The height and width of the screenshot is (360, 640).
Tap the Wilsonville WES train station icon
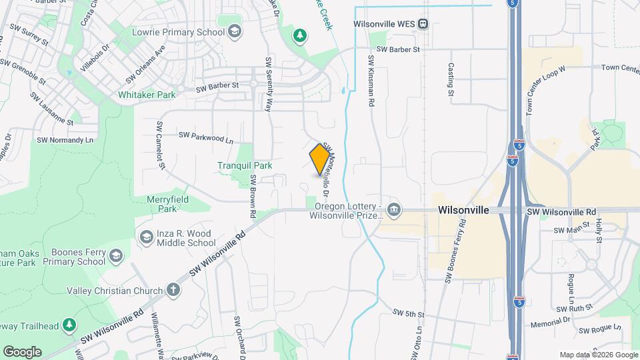tap(423, 24)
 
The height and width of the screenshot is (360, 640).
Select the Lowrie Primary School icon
tap(234, 31)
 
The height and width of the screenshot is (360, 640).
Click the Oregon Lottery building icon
tap(394, 211)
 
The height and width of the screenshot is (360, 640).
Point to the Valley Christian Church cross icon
tap(173, 290)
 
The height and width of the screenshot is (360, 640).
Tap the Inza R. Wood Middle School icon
tap(146, 237)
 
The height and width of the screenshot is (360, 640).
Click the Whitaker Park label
tap(147, 95)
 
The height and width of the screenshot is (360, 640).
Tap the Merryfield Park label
tap(169, 203)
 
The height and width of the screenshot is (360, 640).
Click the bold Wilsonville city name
tap(464, 210)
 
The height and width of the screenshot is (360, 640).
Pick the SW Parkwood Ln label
tap(206, 138)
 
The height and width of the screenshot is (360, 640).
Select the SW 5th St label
tap(409, 313)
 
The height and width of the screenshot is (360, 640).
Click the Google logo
tap(22, 351)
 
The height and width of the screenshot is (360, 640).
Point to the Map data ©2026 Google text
tap(598, 355)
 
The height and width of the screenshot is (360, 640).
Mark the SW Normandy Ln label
tap(65, 140)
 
